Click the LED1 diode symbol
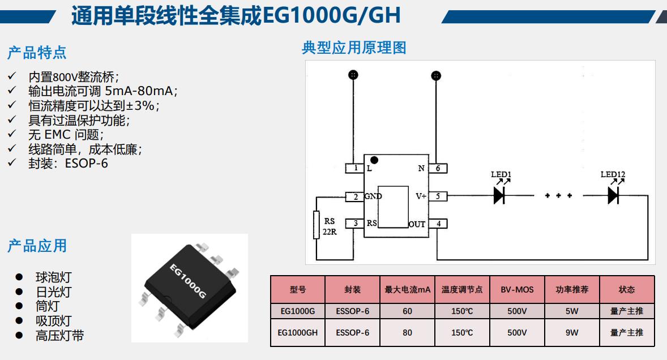[x=499, y=196]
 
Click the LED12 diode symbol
[x=613, y=196]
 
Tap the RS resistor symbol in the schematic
[x=317, y=225]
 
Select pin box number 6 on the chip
[x=438, y=168]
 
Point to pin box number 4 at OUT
[x=438, y=224]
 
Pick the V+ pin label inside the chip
[x=421, y=196]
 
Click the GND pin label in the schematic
[x=373, y=196]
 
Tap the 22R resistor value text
[x=330, y=232]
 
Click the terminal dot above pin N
[x=435, y=75]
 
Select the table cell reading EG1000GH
[x=298, y=333]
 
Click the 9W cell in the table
[x=572, y=333]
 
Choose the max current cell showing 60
[x=408, y=311]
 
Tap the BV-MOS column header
[x=517, y=290]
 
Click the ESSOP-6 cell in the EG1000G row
[x=352, y=311]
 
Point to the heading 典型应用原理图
[x=354, y=48]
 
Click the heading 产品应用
[x=37, y=246]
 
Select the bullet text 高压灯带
[x=59, y=336]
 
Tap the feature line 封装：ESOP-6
[x=68, y=164]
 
